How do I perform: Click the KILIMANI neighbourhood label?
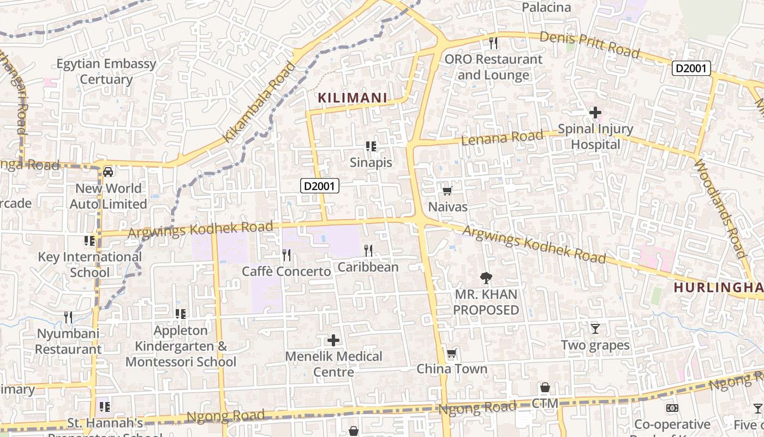[x=353, y=98]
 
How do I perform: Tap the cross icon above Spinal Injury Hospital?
[x=595, y=113]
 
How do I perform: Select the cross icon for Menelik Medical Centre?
[x=333, y=340]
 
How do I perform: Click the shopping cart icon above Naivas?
[x=447, y=191]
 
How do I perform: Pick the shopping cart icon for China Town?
[x=451, y=353]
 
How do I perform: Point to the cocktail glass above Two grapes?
[x=595, y=328]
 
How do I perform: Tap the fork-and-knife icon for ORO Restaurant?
[x=493, y=42]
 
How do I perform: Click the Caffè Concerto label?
[x=286, y=271]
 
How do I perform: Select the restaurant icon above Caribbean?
[x=368, y=251]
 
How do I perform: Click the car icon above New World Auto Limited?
[x=108, y=172]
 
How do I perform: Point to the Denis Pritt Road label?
[x=589, y=44]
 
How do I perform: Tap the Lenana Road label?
[x=503, y=138]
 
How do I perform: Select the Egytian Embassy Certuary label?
[x=106, y=72]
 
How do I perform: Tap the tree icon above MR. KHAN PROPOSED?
[x=485, y=278]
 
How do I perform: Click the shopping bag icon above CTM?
[x=545, y=388]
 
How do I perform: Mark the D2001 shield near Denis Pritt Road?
[x=691, y=68]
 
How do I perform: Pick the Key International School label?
[x=89, y=264]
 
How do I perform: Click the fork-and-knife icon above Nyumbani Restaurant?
[x=68, y=317]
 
